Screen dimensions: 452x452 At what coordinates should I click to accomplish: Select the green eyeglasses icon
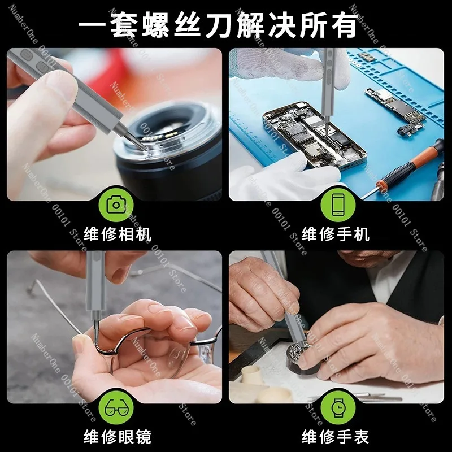[x=116, y=408]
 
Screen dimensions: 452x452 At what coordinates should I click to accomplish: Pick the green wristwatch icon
[x=338, y=408]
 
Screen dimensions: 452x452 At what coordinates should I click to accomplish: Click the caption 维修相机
[x=118, y=234]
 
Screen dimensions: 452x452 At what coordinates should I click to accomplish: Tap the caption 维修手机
[x=335, y=234]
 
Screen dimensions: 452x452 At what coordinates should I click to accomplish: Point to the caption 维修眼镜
[x=118, y=437]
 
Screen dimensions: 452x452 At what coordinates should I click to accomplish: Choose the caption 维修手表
[x=335, y=437]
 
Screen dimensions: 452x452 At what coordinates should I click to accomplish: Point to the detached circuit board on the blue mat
[x=395, y=108]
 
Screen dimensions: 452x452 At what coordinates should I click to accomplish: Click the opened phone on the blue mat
[x=314, y=135]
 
